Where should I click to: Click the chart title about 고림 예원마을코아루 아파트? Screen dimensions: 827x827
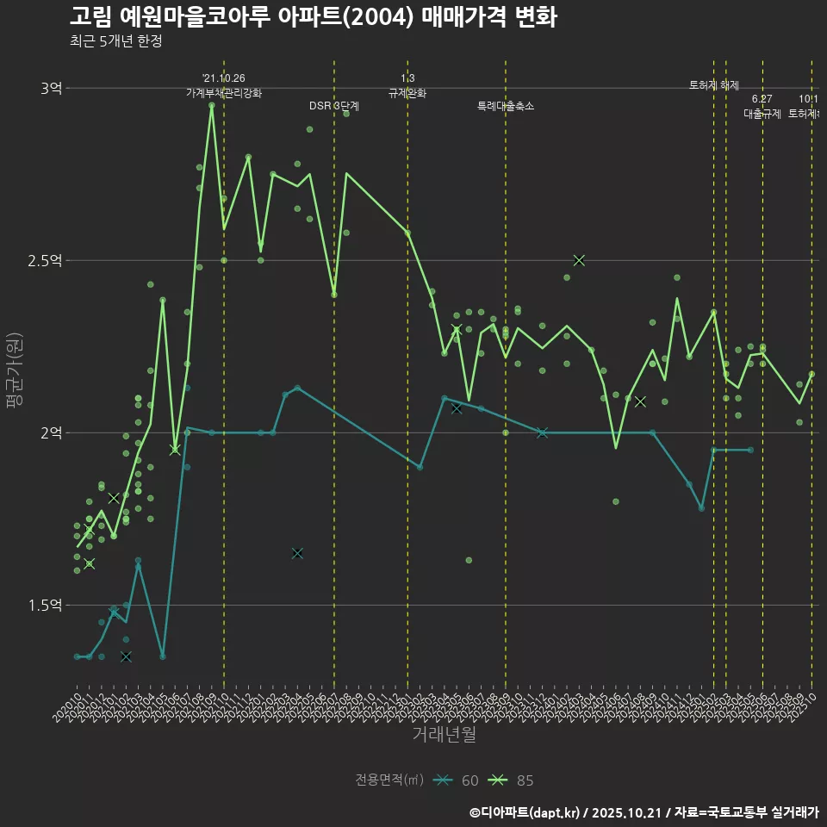[313, 16]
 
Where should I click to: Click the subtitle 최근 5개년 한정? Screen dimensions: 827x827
[115, 41]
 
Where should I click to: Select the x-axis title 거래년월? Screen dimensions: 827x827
[444, 735]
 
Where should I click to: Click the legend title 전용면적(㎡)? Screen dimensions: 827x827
[389, 780]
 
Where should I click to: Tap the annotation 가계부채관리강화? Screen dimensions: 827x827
[223, 92]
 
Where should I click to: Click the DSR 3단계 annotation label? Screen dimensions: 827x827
[334, 106]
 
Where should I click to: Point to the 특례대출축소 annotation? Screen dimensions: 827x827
[506, 106]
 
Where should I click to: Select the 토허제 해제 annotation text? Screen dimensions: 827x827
[714, 85]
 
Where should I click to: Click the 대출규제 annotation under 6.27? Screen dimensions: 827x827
[762, 113]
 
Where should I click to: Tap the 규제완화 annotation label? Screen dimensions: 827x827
[407, 92]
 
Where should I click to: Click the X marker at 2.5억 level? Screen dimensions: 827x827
[579, 260]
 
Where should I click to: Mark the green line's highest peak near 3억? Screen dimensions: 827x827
[211, 105]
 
